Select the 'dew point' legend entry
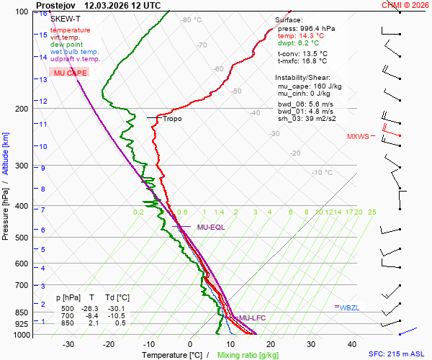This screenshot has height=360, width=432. pos(67,45)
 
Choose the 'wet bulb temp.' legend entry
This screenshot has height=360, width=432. pos(75,52)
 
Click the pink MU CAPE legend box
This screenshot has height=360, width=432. pos(69,73)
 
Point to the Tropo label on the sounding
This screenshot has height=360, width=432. pos(173,119)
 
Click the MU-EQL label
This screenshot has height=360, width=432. pos(211,228)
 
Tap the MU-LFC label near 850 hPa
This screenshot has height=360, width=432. pos(253,318)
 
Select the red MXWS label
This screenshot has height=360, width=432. pos(358,137)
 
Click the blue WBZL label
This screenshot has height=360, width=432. pos(349,307)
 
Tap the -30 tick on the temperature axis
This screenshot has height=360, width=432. pos(68,344)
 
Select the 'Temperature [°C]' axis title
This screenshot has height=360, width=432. pos(171,355)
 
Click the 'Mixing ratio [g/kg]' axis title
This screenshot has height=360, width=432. pos(248,355)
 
